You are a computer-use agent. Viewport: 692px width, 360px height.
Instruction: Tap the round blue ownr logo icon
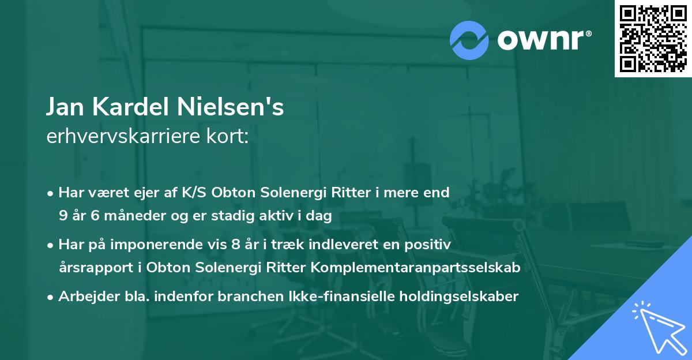tap(469, 40)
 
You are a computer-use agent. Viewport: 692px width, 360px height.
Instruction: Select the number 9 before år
tap(63, 217)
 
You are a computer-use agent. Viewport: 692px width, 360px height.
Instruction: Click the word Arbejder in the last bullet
tap(85, 297)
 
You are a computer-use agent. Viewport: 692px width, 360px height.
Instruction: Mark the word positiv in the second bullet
tap(428, 244)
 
